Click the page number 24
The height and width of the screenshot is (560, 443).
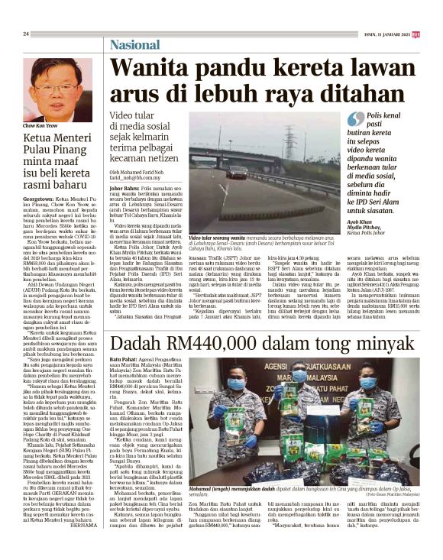pyautogui.click(x=26, y=34)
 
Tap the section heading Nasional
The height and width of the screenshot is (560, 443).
pyautogui.click(x=134, y=44)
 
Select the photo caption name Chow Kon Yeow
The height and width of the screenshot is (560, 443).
pyautogui.click(x=39, y=124)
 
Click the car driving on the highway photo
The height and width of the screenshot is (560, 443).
pyautogui.click(x=237, y=172)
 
